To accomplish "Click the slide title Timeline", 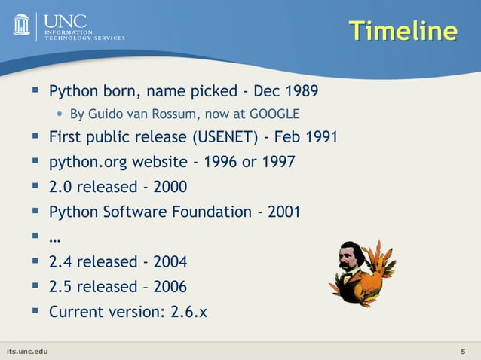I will click(403, 31).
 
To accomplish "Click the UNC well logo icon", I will click(21, 25).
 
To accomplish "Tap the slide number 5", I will click(462, 352).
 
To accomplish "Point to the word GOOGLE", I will click(274, 114).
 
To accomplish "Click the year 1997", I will click(278, 162).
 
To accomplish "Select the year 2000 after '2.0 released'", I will click(170, 186).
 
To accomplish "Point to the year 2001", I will click(283, 212).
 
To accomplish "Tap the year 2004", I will click(170, 262).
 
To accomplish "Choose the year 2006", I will click(170, 287).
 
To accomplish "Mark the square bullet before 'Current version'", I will click(35, 310).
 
